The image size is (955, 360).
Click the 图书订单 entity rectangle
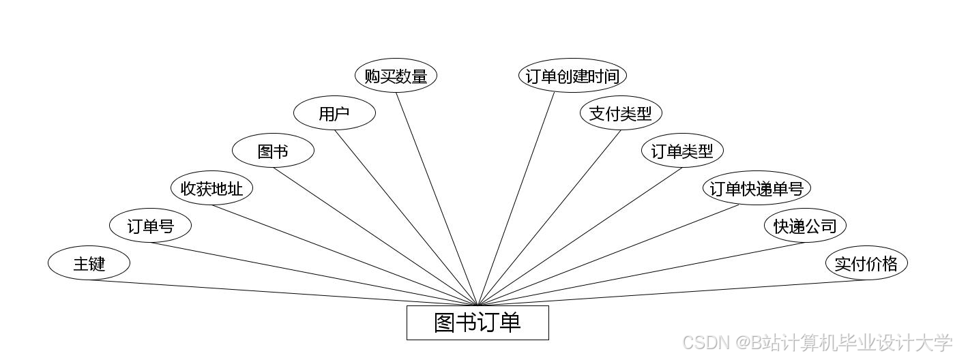[x=477, y=322]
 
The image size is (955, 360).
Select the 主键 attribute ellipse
[x=89, y=263]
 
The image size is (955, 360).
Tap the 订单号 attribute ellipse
[x=150, y=226]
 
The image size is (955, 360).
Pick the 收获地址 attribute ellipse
[x=211, y=188]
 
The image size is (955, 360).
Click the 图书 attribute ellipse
[x=273, y=151]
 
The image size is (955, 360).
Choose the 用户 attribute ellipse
[x=334, y=114]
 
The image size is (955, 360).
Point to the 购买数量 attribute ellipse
[x=396, y=76]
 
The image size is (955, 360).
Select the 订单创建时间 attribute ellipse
[x=572, y=76]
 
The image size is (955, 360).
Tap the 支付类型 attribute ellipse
[x=621, y=114]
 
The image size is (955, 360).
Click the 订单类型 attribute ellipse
[x=682, y=151]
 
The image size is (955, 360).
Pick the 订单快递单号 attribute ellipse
[x=756, y=188]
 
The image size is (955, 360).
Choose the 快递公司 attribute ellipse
[x=805, y=226]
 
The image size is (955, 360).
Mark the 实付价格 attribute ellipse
[x=866, y=263]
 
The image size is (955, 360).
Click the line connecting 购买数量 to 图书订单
[x=437, y=198]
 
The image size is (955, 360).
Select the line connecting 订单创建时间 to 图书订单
[x=516, y=198]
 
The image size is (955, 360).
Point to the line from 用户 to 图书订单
[x=406, y=217]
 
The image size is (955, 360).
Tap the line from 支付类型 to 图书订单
[x=549, y=217]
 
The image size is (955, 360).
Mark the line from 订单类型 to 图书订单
[x=580, y=236]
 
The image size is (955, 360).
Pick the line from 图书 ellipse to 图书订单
[x=375, y=236]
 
